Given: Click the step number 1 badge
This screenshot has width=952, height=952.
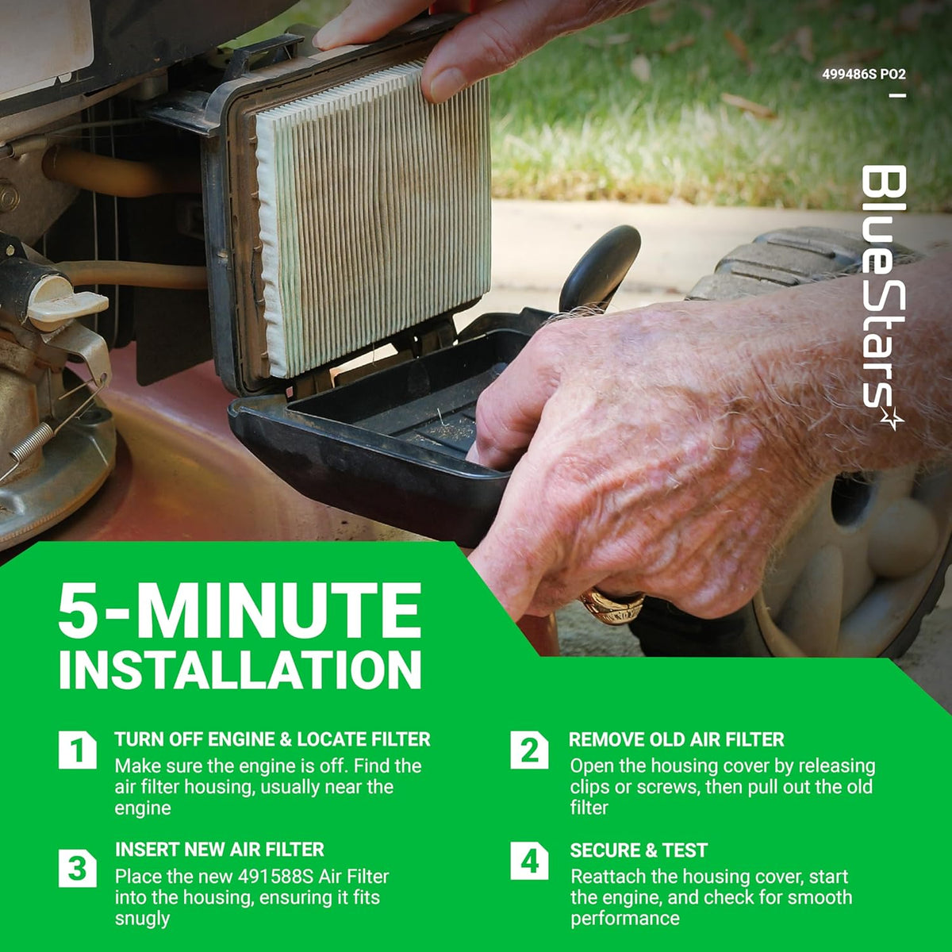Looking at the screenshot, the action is pos(78,750).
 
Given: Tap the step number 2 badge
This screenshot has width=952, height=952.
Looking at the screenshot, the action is pos(529,750).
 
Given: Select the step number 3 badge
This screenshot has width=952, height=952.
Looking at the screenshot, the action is pos(78,868).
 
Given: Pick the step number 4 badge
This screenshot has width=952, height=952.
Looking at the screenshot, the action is pos(529,861).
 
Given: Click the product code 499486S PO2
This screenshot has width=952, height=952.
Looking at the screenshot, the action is pos(864,75).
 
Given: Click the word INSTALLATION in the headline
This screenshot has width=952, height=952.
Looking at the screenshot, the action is pos(240,670).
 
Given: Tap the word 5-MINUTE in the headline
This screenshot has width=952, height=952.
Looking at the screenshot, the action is pos(240,611).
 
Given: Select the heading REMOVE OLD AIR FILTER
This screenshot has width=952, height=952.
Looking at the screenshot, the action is pos(677,739).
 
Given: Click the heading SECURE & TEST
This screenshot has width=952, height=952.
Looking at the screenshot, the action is pos(639,850).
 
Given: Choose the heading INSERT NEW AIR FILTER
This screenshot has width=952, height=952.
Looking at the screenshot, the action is pos(220,849).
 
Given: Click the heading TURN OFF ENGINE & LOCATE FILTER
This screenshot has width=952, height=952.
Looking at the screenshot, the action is pos(273,739).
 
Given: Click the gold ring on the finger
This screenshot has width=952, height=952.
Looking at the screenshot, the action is pos(612,605).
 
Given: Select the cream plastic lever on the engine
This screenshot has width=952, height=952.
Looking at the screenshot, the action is pos(67,303).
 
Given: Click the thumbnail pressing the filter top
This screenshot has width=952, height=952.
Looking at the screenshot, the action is pos(447,84).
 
